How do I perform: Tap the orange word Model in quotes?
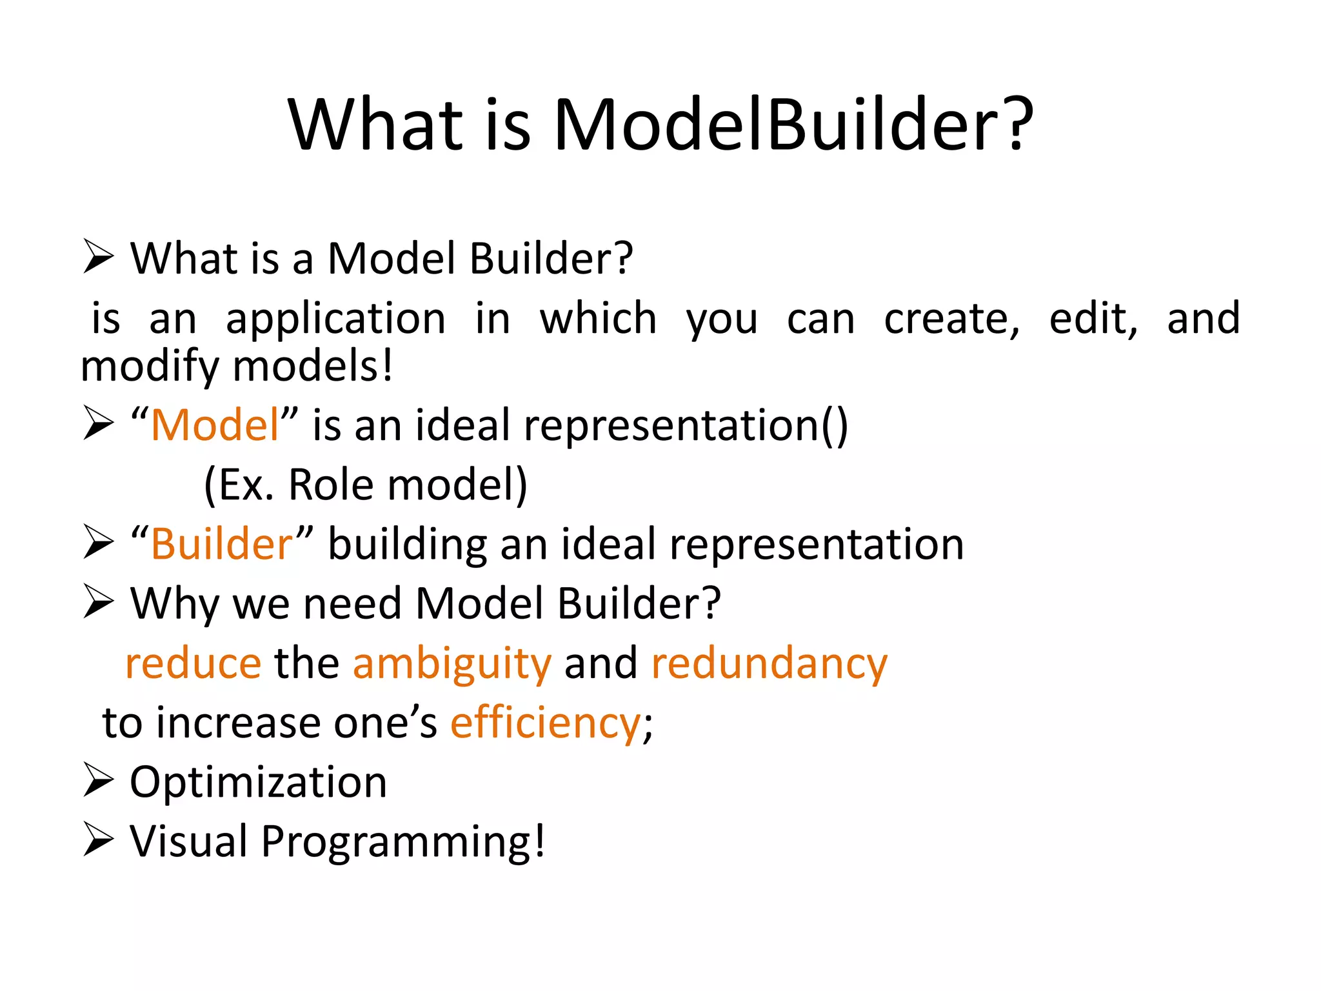tap(215, 426)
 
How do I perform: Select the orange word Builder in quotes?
tap(222, 545)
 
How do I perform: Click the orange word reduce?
tap(194, 664)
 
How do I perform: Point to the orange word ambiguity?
tap(452, 664)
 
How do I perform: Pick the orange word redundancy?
tap(770, 664)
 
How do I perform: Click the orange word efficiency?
tap(545, 723)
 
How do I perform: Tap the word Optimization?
tap(258, 783)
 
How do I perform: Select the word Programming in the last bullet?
tap(403, 842)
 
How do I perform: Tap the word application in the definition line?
tap(335, 319)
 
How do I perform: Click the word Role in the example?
tap(330, 485)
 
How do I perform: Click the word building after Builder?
tap(408, 545)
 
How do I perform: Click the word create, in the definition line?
tap(951, 319)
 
